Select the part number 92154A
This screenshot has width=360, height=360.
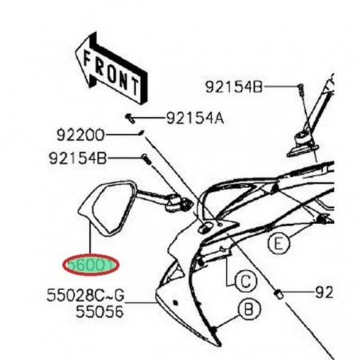195,119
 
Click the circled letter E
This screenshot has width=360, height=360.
276,245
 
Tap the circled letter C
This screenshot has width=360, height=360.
245,280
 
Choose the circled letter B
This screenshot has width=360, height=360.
248,307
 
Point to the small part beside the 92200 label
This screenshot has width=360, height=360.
140,133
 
